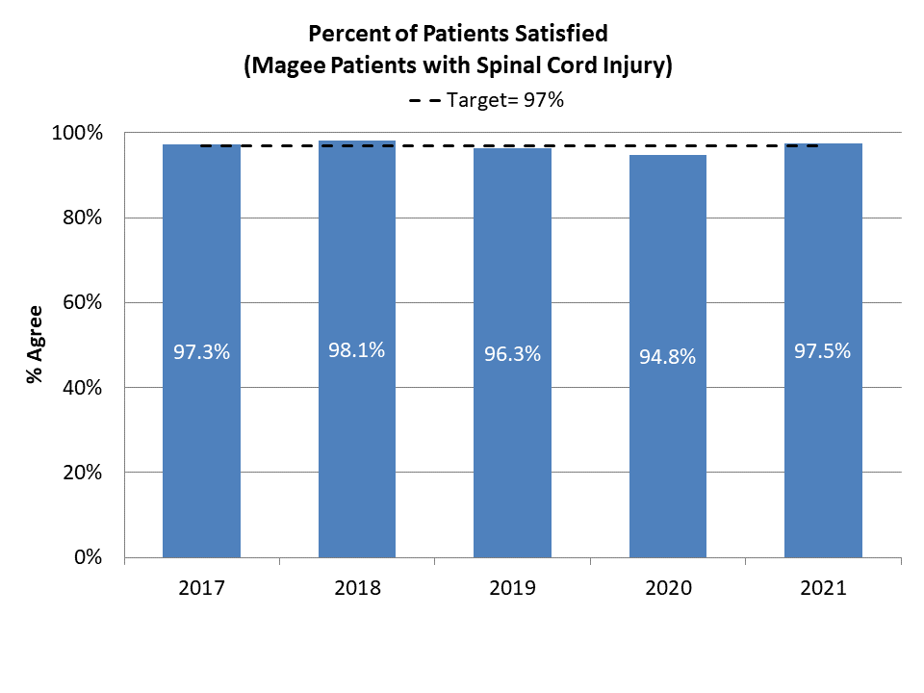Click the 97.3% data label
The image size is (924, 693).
coord(201,352)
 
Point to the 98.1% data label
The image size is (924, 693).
coord(357,350)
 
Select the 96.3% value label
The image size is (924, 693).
coord(512,354)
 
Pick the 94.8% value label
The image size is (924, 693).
coord(668,357)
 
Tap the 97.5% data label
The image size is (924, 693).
coord(823,351)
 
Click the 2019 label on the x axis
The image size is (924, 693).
coord(512,587)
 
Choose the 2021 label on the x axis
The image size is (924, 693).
coord(823,587)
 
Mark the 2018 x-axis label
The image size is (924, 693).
coord(357,587)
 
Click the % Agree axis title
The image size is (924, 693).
coord(36,345)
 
